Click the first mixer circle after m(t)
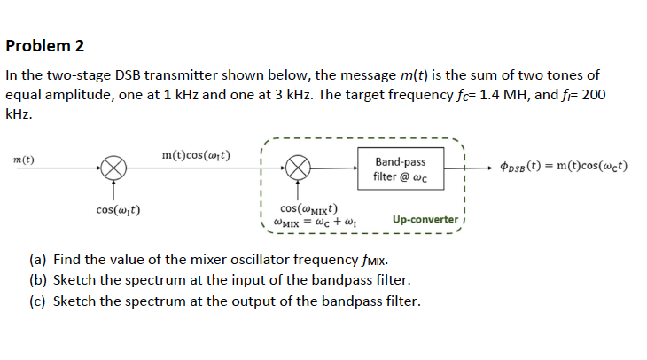[x=113, y=165]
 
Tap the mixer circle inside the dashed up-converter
[x=300, y=165]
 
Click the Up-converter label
[x=425, y=219]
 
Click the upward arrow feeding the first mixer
[x=113, y=188]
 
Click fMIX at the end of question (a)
[x=371, y=262]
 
